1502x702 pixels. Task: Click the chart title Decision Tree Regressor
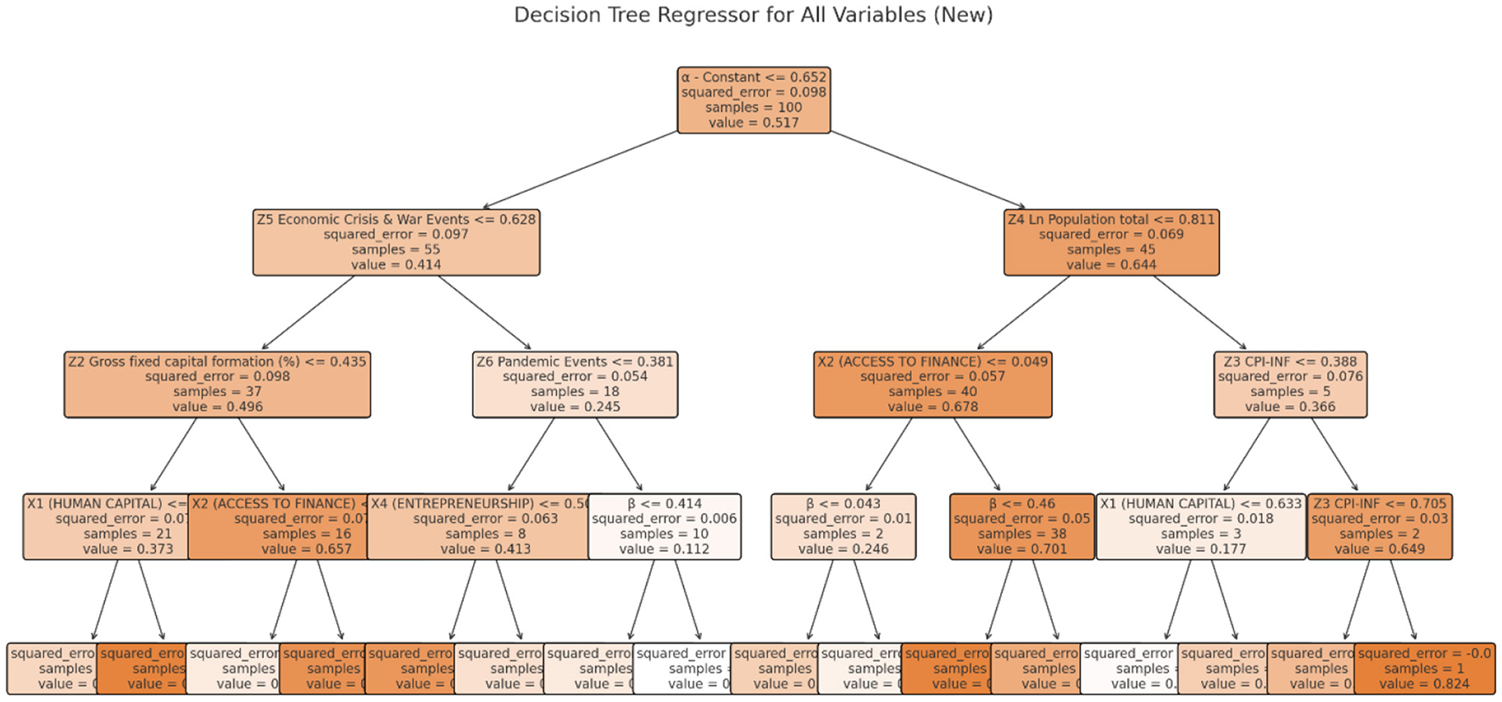(753, 15)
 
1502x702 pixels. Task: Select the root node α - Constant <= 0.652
(754, 100)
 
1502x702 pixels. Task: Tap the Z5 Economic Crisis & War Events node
(396, 242)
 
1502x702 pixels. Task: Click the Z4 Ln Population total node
(1111, 242)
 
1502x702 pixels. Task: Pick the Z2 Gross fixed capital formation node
(217, 385)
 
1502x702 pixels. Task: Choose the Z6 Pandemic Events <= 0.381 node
(575, 385)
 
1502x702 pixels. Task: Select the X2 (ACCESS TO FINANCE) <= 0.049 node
(932, 385)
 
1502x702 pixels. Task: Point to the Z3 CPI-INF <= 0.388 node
(1290, 385)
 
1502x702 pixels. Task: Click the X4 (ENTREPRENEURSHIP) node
(479, 526)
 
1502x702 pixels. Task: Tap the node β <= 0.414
(665, 526)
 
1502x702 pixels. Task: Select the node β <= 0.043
(843, 526)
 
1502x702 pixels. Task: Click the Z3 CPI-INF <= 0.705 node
(1380, 526)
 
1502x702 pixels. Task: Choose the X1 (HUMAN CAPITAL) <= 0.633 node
(1200, 526)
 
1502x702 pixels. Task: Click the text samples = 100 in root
(754, 108)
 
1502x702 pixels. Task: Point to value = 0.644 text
(1111, 265)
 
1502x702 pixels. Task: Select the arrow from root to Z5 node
(580, 170)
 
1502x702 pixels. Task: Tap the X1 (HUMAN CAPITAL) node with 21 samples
(106, 526)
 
